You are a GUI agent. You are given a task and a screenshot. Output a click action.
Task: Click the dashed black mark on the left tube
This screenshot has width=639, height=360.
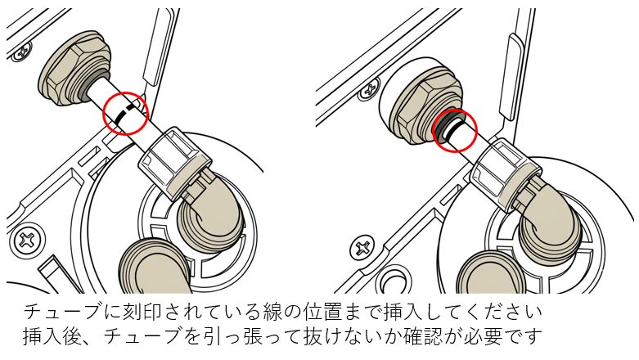tap(124, 114)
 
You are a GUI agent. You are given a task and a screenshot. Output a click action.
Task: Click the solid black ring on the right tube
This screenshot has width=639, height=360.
tap(452, 131)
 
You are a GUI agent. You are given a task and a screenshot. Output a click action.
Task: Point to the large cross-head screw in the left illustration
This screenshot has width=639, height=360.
tap(28, 240)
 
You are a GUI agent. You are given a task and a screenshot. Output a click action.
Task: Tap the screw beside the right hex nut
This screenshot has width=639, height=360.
tap(369, 90)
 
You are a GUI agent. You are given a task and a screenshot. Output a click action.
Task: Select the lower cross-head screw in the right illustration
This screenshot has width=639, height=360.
tap(362, 247)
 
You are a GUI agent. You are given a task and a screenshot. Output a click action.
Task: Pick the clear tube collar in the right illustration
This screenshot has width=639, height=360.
tap(506, 174)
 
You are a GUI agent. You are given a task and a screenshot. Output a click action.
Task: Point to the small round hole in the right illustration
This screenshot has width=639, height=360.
tap(393, 281)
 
